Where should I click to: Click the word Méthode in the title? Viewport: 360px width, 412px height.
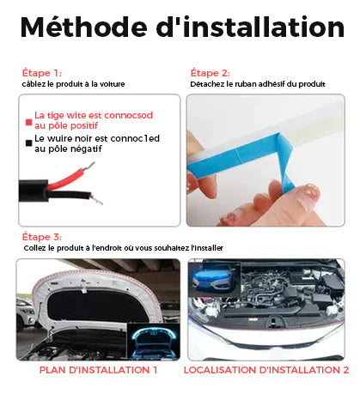pyautogui.click(x=83, y=27)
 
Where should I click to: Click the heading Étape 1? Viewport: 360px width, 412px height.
pyautogui.click(x=42, y=73)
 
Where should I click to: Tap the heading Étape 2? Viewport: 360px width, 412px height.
pyautogui.click(x=211, y=73)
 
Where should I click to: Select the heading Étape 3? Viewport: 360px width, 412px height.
pyautogui.click(x=42, y=237)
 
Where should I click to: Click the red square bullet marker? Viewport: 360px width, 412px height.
pyautogui.click(x=28, y=122)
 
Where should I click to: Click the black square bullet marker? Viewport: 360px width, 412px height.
pyautogui.click(x=28, y=143)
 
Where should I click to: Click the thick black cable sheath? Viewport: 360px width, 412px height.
pyautogui.click(x=34, y=191)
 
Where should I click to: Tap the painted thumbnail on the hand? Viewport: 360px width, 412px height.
pyautogui.click(x=308, y=194)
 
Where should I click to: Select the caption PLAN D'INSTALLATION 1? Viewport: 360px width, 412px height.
pyautogui.click(x=98, y=370)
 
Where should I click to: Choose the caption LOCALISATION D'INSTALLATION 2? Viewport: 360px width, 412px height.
pyautogui.click(x=266, y=370)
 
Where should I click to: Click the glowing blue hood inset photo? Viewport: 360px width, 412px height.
pyautogui.click(x=154, y=342)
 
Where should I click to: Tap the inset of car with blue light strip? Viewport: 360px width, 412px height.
pyautogui.click(x=214, y=279)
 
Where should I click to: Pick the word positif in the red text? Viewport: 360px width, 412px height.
pyautogui.click(x=84, y=125)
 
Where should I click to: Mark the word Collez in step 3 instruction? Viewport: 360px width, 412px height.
pyautogui.click(x=34, y=248)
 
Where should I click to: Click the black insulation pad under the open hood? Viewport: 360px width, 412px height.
pyautogui.click(x=97, y=307)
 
